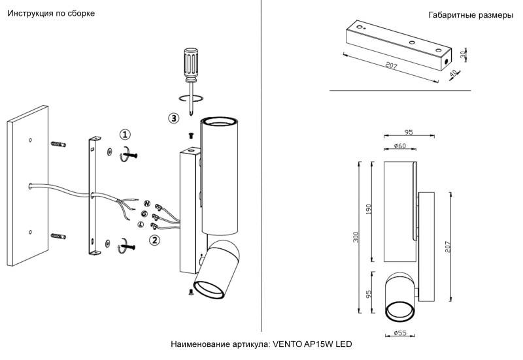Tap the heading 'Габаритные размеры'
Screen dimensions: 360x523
click(470, 15)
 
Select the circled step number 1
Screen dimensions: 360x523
click(126, 135)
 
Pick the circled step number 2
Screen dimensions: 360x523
click(155, 240)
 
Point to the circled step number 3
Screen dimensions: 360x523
click(173, 118)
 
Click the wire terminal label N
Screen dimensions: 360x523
click(147, 204)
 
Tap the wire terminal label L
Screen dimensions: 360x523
click(141, 224)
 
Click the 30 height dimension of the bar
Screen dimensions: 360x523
click(462, 54)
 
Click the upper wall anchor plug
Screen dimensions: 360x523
click(59, 144)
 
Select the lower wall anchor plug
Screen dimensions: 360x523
click(59, 235)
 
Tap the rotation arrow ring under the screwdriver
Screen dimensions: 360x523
click(191, 99)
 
